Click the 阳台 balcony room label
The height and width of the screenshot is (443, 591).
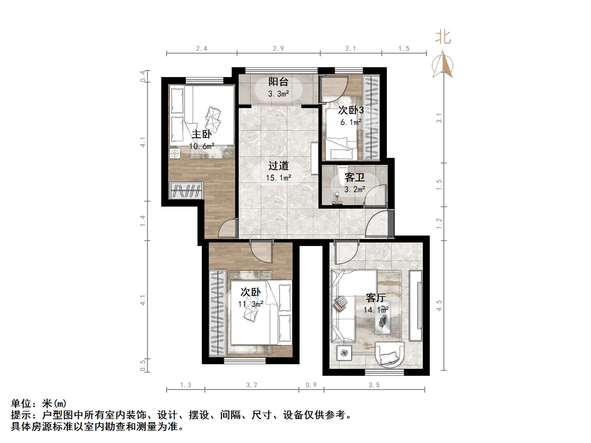(278, 82)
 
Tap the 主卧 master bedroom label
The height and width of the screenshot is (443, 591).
(202, 134)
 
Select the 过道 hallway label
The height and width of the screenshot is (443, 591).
(278, 166)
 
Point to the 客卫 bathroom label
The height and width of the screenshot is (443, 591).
(354, 177)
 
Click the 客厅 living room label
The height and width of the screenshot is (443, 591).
(376, 298)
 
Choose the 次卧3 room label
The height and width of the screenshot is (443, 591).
(351, 110)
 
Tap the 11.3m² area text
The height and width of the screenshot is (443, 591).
(251, 304)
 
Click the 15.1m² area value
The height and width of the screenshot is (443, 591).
(278, 178)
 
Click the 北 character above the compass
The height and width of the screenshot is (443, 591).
(443, 37)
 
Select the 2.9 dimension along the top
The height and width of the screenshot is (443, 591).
(278, 49)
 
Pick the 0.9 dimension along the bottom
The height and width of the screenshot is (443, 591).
(311, 385)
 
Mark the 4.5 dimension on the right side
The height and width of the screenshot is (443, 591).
(439, 305)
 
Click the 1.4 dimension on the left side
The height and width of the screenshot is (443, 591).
(143, 221)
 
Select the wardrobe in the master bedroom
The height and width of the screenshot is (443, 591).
(186, 190)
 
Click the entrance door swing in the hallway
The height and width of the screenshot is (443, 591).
(377, 225)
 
